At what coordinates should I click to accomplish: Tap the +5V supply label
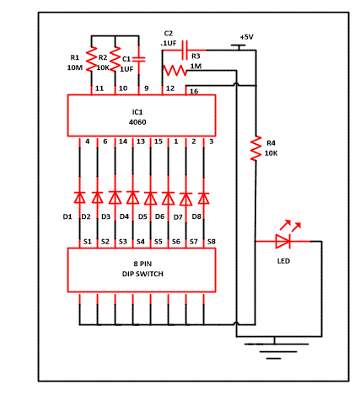pyautogui.click(x=246, y=37)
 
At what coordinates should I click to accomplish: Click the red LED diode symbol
pyautogui.click(x=283, y=242)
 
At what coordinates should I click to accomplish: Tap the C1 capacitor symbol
pyautogui.click(x=141, y=60)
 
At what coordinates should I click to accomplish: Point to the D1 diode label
pyautogui.click(x=68, y=216)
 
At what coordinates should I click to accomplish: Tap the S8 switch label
pyautogui.click(x=211, y=242)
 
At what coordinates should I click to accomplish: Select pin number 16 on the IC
pyautogui.click(x=193, y=90)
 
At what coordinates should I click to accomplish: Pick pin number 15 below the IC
pyautogui.click(x=158, y=142)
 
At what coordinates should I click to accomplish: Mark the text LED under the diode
pyautogui.click(x=285, y=260)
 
